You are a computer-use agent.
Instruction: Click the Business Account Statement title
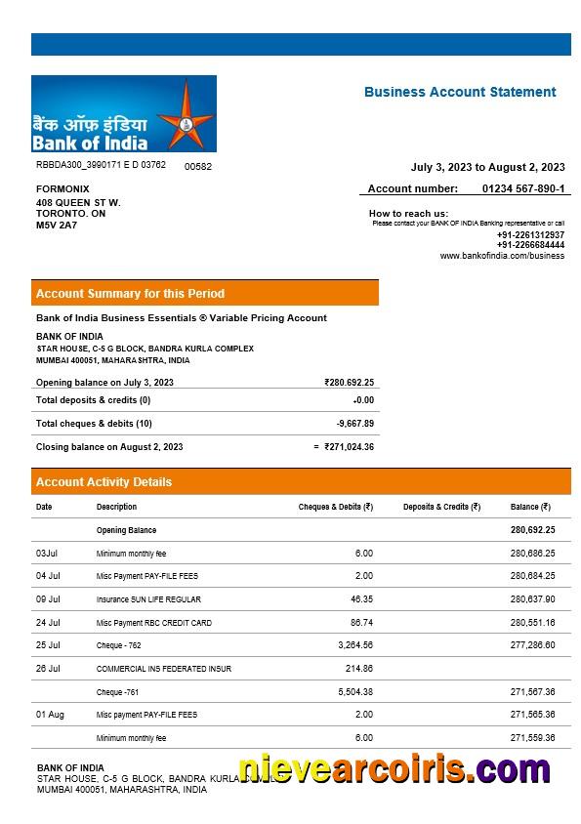(x=460, y=92)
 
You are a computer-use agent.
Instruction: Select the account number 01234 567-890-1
(x=523, y=188)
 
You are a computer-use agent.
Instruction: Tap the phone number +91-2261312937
(x=530, y=234)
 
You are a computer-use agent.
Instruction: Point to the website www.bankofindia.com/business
(x=502, y=256)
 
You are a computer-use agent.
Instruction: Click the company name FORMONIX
(x=62, y=188)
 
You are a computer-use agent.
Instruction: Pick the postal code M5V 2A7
(x=57, y=225)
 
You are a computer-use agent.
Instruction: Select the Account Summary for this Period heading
(x=130, y=293)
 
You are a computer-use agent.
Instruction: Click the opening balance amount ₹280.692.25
(x=349, y=383)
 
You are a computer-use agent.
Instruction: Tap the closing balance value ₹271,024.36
(x=349, y=447)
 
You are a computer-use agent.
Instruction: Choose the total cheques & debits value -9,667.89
(x=354, y=424)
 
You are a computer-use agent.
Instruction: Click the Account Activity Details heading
(x=104, y=482)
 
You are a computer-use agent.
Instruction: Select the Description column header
(x=116, y=507)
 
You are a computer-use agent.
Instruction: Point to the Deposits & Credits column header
(x=441, y=507)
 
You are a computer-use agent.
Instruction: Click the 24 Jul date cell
(x=48, y=623)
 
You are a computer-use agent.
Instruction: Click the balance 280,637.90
(x=532, y=599)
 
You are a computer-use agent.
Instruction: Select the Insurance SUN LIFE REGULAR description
(x=148, y=599)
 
